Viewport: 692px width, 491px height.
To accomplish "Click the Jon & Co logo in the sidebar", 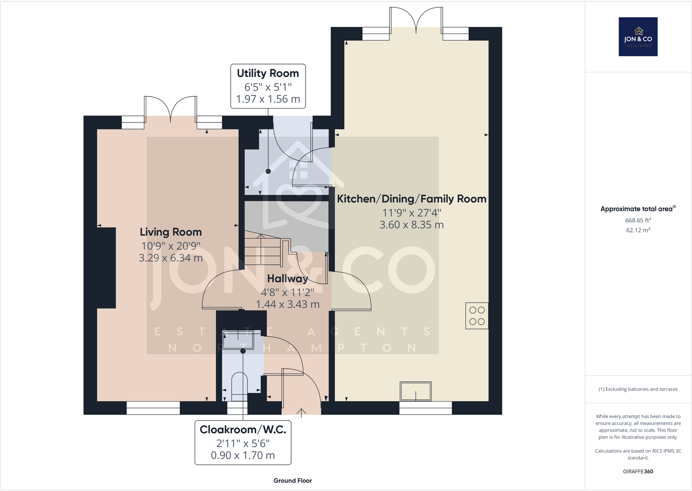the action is tap(638, 37).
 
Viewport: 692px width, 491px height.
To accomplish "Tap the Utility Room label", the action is tap(268, 73).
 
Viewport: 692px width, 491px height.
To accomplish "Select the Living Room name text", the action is tap(171, 232).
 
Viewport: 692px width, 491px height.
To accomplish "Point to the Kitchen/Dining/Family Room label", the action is tap(411, 199).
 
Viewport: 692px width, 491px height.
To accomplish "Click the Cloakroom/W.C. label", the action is tap(243, 430).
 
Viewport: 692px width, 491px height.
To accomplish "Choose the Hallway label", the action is tap(288, 279).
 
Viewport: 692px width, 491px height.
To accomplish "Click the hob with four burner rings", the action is tap(477, 316).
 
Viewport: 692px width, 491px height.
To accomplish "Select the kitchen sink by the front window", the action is tap(416, 391).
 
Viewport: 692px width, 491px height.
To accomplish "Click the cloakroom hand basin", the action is tap(238, 340).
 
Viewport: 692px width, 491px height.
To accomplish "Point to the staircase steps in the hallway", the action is tap(268, 250).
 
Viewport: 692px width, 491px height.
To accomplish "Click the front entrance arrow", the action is tap(301, 413).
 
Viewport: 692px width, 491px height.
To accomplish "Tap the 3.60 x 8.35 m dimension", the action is tap(411, 225).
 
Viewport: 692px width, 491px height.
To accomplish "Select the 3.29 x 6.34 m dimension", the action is tap(171, 258).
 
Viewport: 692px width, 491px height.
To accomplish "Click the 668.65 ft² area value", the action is tap(638, 220).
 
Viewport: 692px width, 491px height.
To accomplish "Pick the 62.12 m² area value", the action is tap(638, 230).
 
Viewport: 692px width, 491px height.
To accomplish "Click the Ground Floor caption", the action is tap(292, 481).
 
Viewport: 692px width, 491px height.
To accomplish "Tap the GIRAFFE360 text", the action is tap(638, 471).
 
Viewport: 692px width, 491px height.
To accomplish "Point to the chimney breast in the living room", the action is tap(106, 268).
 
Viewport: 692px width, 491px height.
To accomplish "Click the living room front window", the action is tap(153, 408).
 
